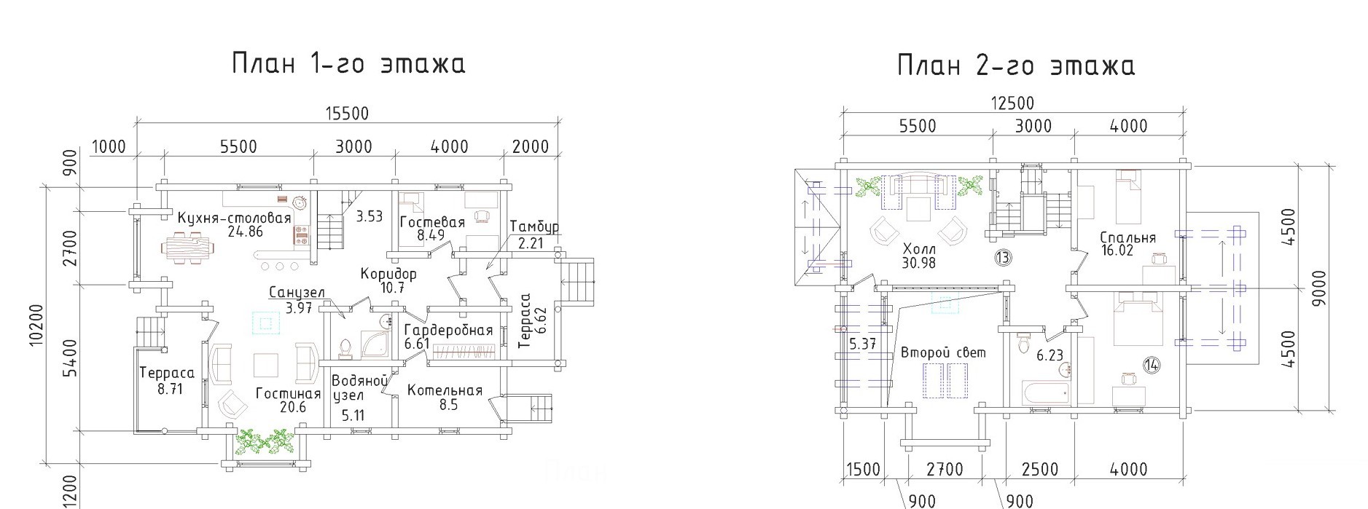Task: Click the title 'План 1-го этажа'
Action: pos(348,63)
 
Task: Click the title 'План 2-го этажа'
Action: pos(1016,66)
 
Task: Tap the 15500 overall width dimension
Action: pos(347,114)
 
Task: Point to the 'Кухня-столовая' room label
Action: pos(234,218)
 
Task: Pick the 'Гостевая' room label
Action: pos(432,222)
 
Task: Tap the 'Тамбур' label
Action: pos(534,226)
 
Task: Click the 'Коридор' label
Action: pos(388,275)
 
